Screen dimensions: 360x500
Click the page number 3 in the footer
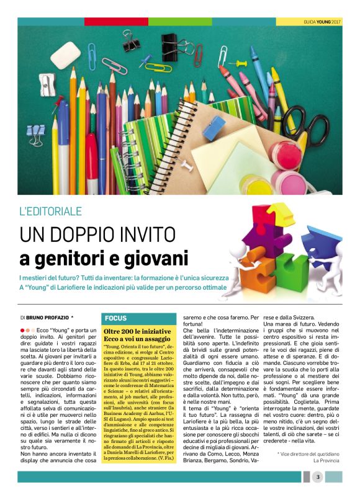pyautogui.click(x=317, y=476)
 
